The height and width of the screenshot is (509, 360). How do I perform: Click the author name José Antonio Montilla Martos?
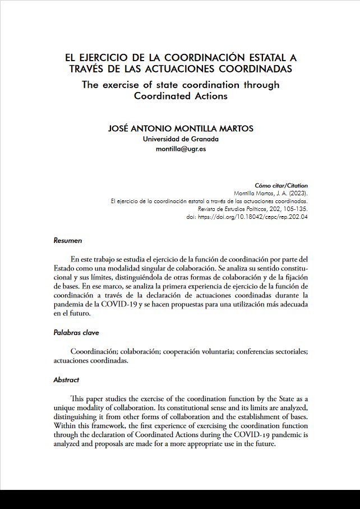[x=180, y=129]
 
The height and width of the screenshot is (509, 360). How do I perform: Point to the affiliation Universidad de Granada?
[x=181, y=139]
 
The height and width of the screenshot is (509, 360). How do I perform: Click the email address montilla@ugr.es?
[x=181, y=150]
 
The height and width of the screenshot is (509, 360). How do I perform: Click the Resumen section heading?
[x=67, y=240]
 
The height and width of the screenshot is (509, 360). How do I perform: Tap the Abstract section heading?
[x=66, y=380]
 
